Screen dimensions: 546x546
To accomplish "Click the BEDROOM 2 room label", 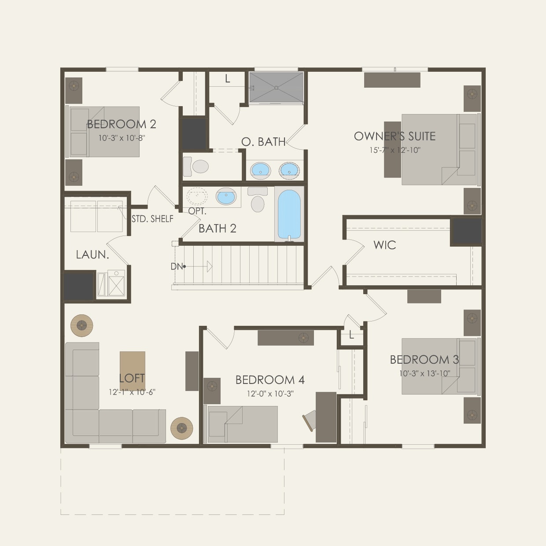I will [x=122, y=124].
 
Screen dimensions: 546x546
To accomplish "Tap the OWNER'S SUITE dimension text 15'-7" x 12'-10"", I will [x=395, y=150].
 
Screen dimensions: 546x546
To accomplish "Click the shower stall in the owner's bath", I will [x=276, y=87].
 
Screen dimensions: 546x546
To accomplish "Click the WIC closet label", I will [x=384, y=245].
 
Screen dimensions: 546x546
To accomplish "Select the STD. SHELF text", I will [x=152, y=219].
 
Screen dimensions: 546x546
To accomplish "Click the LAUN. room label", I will [x=92, y=255].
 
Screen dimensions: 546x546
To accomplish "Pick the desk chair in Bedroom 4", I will [x=309, y=420].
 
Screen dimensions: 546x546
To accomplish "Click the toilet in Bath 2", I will [x=258, y=200].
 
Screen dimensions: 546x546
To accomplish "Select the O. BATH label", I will [x=263, y=142].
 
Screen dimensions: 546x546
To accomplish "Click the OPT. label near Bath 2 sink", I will [x=197, y=211].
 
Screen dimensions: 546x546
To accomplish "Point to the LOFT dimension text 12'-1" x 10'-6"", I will [x=132, y=392].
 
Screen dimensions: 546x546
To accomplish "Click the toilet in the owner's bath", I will [x=197, y=166].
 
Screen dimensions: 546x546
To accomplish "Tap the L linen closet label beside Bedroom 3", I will [x=351, y=335].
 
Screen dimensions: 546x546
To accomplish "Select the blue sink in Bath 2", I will [x=226, y=196].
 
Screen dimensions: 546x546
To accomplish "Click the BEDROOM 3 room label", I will [x=424, y=360].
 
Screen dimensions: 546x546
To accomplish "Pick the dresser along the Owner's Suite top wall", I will [x=392, y=80].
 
